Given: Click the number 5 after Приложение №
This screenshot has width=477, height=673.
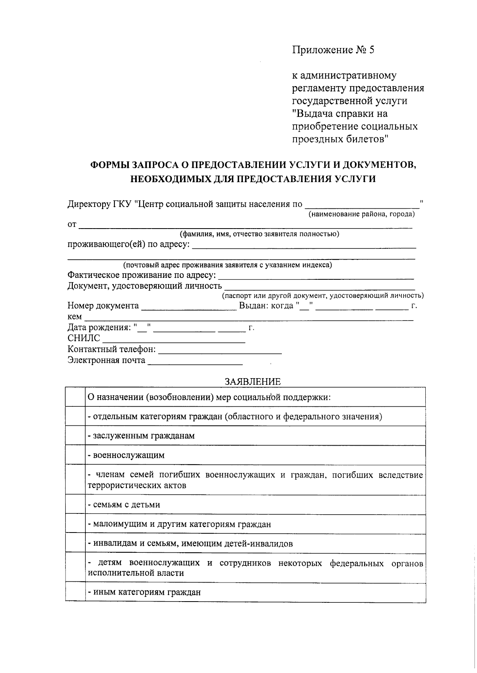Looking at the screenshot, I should [x=371, y=50].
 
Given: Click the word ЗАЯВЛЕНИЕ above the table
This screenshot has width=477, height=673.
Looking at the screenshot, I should [x=252, y=382].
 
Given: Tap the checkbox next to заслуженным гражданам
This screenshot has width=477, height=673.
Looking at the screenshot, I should [x=75, y=436].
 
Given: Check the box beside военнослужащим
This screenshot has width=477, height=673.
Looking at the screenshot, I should [x=75, y=455].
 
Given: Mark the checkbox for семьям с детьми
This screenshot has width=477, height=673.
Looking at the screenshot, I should [x=75, y=504].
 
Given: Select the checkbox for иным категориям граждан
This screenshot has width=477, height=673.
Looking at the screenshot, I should [x=75, y=592].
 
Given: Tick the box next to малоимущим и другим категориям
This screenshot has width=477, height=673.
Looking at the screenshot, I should [x=75, y=524].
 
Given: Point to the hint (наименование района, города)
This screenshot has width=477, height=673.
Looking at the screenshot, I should [x=362, y=215].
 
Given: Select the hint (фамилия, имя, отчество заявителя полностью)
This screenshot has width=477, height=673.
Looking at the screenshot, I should [x=259, y=234].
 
